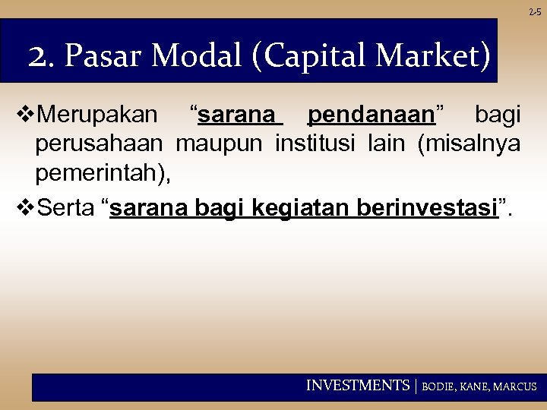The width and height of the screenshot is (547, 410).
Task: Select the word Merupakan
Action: pos(97,116)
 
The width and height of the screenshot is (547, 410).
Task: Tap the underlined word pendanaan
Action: pos(372,116)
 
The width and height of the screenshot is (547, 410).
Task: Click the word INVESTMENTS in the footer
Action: pos(357,386)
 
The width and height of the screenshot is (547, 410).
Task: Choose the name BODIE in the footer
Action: pos(438,386)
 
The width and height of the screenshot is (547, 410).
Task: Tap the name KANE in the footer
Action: pos(476,386)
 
